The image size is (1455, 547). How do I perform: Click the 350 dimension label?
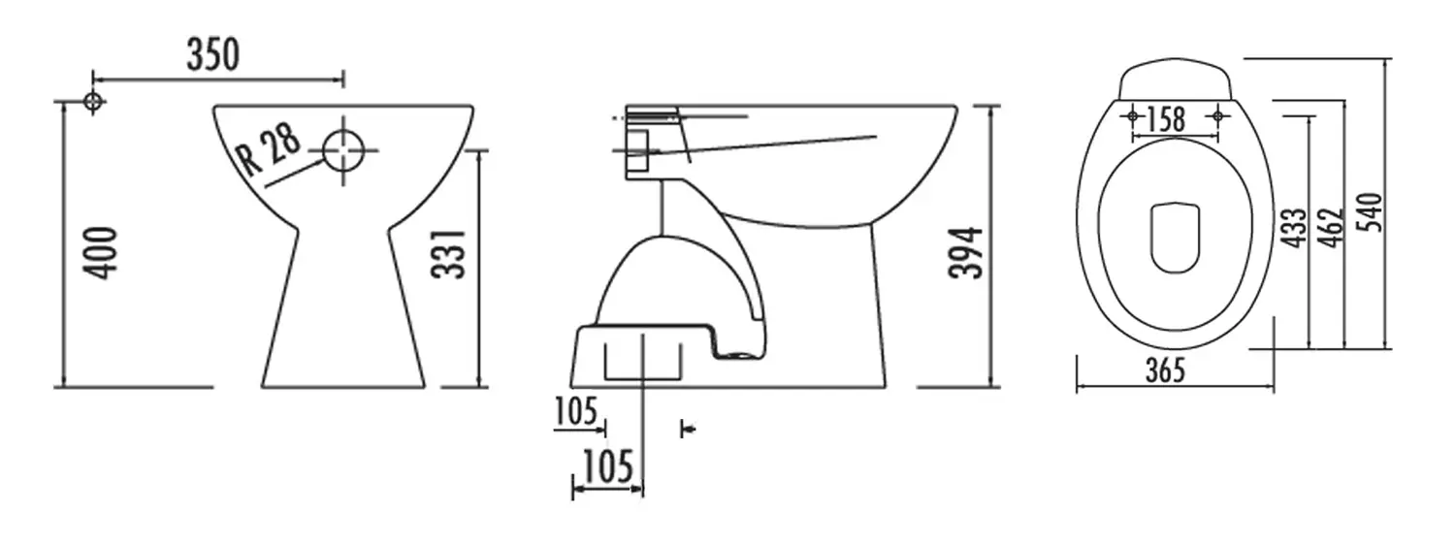pos(213,54)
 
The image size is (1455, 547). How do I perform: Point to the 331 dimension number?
pos(449,254)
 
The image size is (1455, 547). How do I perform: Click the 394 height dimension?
pos(965,253)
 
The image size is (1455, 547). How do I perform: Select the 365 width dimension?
pos(1165,370)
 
